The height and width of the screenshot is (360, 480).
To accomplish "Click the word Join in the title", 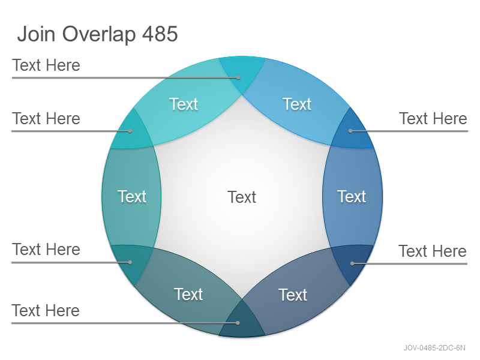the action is (36, 34).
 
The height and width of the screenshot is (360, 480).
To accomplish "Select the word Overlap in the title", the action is (99, 35).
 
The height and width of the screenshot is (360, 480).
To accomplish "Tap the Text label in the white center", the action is (242, 197).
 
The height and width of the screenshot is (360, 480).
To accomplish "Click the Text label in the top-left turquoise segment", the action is (184, 104).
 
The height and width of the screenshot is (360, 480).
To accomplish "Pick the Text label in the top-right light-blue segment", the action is (297, 104).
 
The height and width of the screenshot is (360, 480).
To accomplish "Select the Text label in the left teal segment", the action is (132, 197).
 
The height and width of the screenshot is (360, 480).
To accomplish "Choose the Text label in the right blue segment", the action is (352, 197).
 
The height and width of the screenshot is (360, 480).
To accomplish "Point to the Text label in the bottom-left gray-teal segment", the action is (188, 295).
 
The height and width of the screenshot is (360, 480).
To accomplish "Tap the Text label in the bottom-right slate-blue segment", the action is (293, 295).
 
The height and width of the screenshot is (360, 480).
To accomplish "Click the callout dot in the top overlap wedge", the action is (238, 78).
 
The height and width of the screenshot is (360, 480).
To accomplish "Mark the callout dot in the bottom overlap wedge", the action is (238, 323).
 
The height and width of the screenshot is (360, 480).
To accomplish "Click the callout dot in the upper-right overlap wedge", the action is (350, 131).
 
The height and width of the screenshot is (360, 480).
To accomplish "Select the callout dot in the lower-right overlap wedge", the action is (352, 263).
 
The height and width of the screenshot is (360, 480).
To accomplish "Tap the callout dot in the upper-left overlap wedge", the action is (130, 131).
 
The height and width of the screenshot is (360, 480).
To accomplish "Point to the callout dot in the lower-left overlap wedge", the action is (130, 262).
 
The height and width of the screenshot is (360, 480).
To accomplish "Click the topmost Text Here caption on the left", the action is (46, 65).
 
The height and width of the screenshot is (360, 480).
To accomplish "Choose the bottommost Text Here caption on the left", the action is (46, 310).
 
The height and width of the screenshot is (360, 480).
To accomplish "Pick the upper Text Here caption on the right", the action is (433, 118).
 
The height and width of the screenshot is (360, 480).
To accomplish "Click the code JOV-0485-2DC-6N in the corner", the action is (434, 348).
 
